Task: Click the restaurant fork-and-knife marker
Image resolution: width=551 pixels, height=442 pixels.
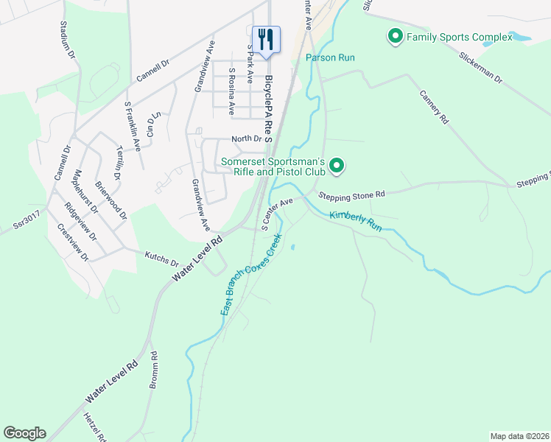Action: click(266, 38)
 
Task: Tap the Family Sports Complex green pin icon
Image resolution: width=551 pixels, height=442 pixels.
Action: click(394, 35)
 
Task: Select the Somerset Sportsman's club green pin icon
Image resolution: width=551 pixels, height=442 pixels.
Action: click(337, 166)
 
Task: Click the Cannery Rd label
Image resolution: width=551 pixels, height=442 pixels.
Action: click(434, 106)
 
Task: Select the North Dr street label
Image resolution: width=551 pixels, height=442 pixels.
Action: click(246, 138)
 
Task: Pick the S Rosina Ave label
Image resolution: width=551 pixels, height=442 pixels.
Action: click(231, 93)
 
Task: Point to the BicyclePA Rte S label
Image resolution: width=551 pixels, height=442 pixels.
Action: click(269, 108)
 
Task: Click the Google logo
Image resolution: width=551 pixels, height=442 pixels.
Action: click(24, 433)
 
